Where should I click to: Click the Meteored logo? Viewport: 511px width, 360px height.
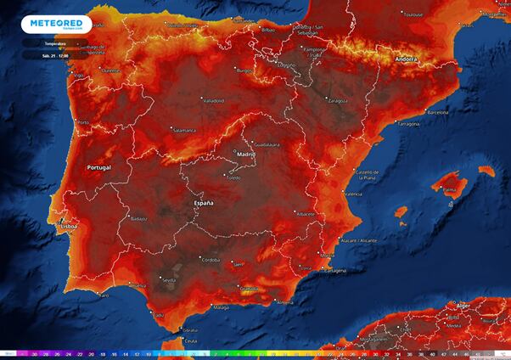(x=57, y=24)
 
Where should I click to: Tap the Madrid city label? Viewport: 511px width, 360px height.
(x=245, y=155)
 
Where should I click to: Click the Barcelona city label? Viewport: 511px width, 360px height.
(x=436, y=111)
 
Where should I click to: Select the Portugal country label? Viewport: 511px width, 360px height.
(x=99, y=168)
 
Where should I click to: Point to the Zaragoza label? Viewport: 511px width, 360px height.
(x=338, y=100)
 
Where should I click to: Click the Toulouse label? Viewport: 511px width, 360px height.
(x=413, y=14)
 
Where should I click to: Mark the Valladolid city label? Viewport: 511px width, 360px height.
(x=211, y=100)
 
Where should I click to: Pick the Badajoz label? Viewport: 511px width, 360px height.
(x=139, y=218)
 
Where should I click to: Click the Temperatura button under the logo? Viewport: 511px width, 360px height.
(x=57, y=42)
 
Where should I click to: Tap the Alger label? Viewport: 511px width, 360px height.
(x=463, y=305)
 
